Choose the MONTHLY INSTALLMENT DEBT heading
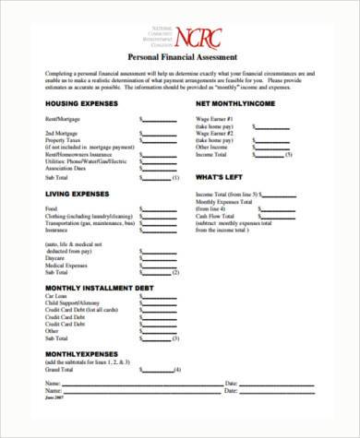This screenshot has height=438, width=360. coord(91,290)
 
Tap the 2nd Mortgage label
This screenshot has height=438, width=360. coord(60,134)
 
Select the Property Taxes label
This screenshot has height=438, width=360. coord(62,140)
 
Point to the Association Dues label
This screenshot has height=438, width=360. coord(64,166)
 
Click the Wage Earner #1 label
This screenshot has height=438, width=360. coord(212,120)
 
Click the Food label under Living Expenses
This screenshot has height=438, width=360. coord(50,208)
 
